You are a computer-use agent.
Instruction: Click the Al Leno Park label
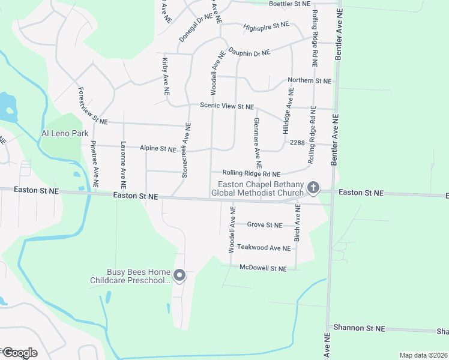(64, 133)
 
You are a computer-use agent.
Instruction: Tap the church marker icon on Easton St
(312, 188)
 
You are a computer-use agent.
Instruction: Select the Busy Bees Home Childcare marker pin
(179, 275)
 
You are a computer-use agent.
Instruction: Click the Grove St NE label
(265, 225)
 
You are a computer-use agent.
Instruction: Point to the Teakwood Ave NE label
(264, 248)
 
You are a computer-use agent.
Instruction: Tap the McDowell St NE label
(263, 268)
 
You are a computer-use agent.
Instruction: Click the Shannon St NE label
(358, 328)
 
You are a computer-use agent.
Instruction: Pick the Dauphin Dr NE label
(249, 53)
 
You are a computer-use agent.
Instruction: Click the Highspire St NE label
(267, 26)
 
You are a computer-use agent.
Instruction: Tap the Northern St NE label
(309, 80)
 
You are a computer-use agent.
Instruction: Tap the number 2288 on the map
(297, 143)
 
